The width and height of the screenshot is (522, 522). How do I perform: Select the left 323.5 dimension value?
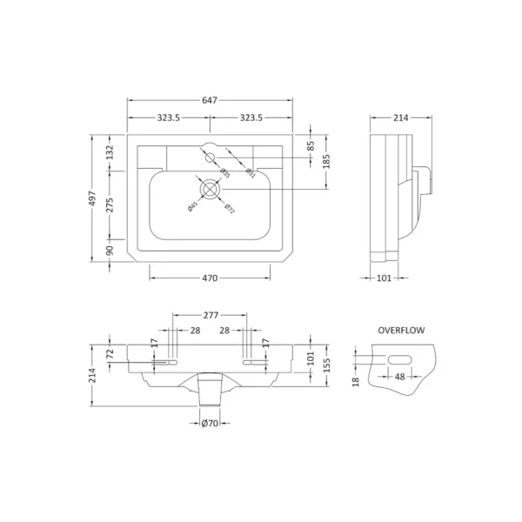pyautogui.click(x=169, y=117)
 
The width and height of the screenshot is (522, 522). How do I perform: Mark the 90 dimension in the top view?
pyautogui.click(x=110, y=251)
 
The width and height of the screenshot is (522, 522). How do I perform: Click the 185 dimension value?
pyautogui.click(x=328, y=161)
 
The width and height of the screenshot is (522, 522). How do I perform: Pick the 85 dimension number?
pyautogui.click(x=311, y=146)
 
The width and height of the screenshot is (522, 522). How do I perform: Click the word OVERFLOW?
pyautogui.click(x=400, y=331)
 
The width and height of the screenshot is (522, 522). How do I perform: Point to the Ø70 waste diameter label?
pyautogui.click(x=210, y=424)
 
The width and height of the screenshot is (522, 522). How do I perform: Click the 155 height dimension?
pyautogui.click(x=329, y=365)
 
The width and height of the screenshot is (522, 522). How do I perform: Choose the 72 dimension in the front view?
pyautogui.click(x=110, y=356)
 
